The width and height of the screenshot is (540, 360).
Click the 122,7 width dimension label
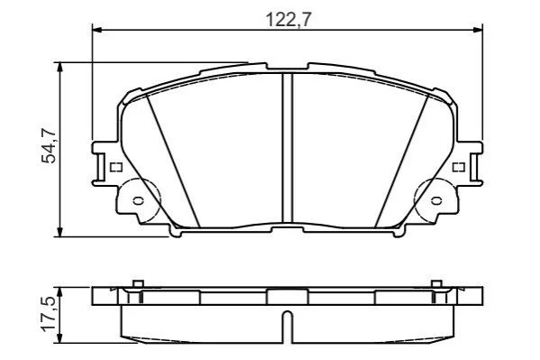(288, 20)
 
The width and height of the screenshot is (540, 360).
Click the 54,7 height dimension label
(49, 145)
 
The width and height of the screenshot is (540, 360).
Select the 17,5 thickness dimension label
(49, 314)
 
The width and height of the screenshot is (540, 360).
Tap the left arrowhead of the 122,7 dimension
(97, 31)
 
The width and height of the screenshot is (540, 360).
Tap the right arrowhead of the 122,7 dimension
(478, 31)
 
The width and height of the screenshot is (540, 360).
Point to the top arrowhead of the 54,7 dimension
(60, 68)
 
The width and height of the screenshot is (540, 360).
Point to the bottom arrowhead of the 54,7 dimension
(60, 232)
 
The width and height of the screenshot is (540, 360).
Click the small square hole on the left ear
(116, 167)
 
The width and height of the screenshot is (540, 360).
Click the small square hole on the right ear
(459, 167)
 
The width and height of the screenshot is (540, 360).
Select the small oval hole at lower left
(139, 200)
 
